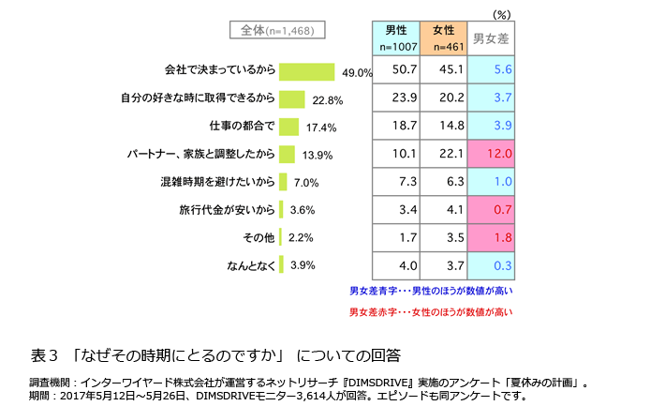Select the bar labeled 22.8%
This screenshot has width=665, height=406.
coord(292,98)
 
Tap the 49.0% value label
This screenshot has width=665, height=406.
coord(357,73)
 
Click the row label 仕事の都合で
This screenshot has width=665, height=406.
coord(241,126)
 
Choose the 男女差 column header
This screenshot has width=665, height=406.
coord(491,38)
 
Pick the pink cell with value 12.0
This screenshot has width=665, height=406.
coord(491,153)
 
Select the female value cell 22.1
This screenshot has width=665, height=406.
coord(443,153)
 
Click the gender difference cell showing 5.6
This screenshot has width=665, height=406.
coord(491,69)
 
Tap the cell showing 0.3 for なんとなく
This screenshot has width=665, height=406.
coord(491,265)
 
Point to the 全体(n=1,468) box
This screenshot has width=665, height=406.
coord(277,30)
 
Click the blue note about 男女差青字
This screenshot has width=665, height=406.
coord(432,292)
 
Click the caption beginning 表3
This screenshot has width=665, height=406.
coord(215,355)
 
